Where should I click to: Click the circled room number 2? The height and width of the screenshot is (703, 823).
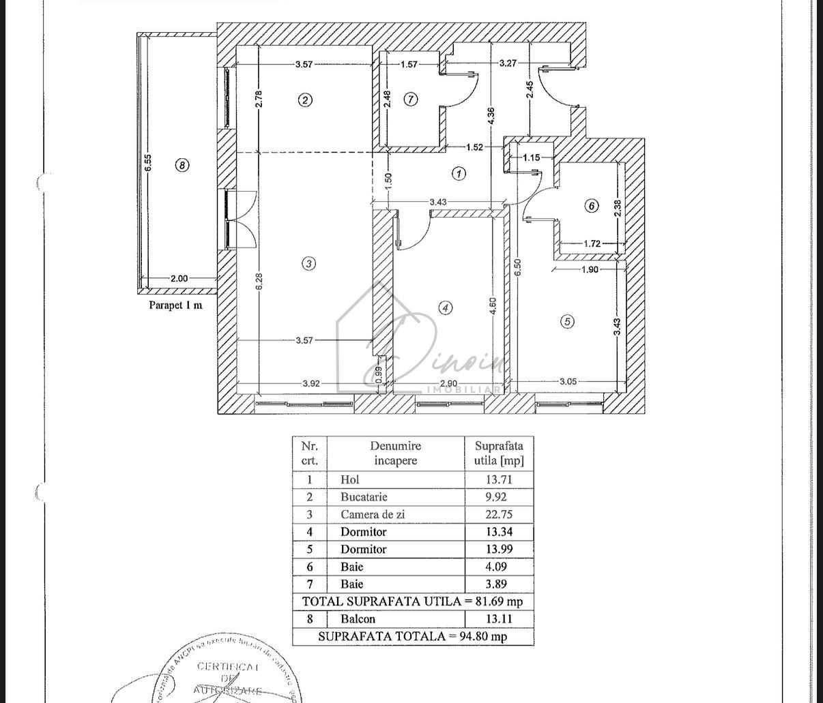pyautogui.click(x=305, y=100)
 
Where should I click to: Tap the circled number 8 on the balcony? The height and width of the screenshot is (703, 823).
pyautogui.click(x=182, y=164)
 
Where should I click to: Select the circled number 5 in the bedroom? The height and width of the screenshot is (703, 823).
pyautogui.click(x=567, y=321)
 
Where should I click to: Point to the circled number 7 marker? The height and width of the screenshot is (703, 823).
pyautogui.click(x=410, y=100)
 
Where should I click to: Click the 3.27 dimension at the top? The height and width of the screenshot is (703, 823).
pyautogui.click(x=508, y=63)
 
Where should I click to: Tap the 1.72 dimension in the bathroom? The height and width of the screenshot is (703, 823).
pyautogui.click(x=592, y=243)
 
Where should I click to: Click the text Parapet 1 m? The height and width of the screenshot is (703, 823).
pyautogui.click(x=175, y=305)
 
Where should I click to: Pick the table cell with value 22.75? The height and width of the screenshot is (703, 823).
pyautogui.click(x=498, y=515)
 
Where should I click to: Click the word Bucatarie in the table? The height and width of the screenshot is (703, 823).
pyautogui.click(x=364, y=497)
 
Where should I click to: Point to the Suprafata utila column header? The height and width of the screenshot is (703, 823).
pyautogui.click(x=499, y=453)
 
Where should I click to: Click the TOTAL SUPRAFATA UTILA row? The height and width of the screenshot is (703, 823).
pyautogui.click(x=412, y=601)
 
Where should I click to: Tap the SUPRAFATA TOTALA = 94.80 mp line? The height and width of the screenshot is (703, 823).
pyautogui.click(x=412, y=636)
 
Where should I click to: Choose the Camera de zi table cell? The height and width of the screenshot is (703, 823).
pyautogui.click(x=372, y=515)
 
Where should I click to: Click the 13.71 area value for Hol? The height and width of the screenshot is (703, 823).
pyautogui.click(x=498, y=479)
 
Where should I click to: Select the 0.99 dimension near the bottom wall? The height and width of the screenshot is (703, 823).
pyautogui.click(x=379, y=375)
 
